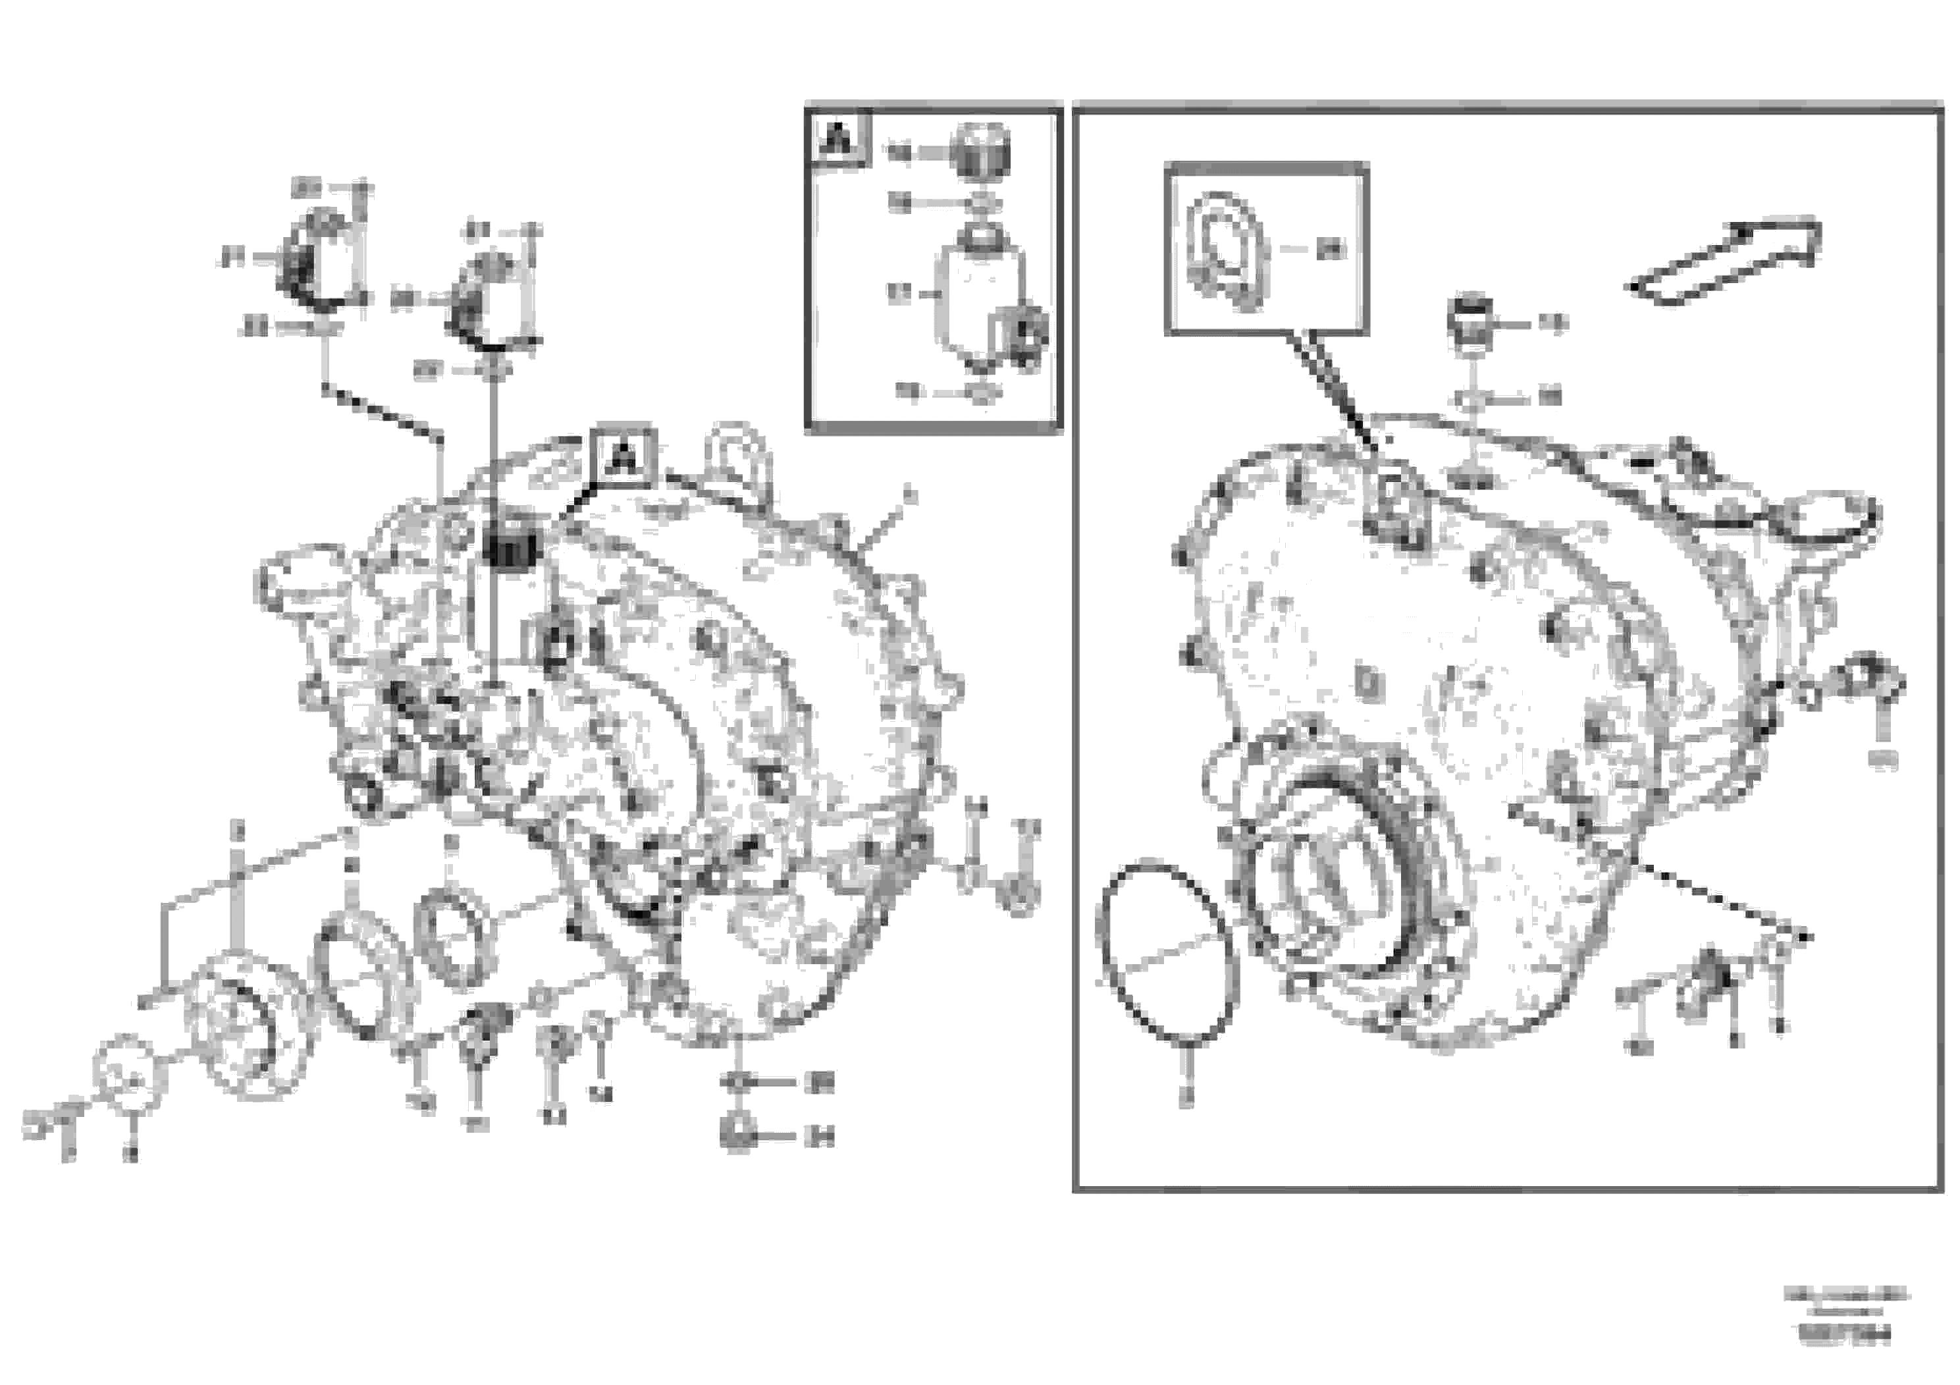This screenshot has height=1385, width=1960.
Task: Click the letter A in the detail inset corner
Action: pos(839,139)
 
